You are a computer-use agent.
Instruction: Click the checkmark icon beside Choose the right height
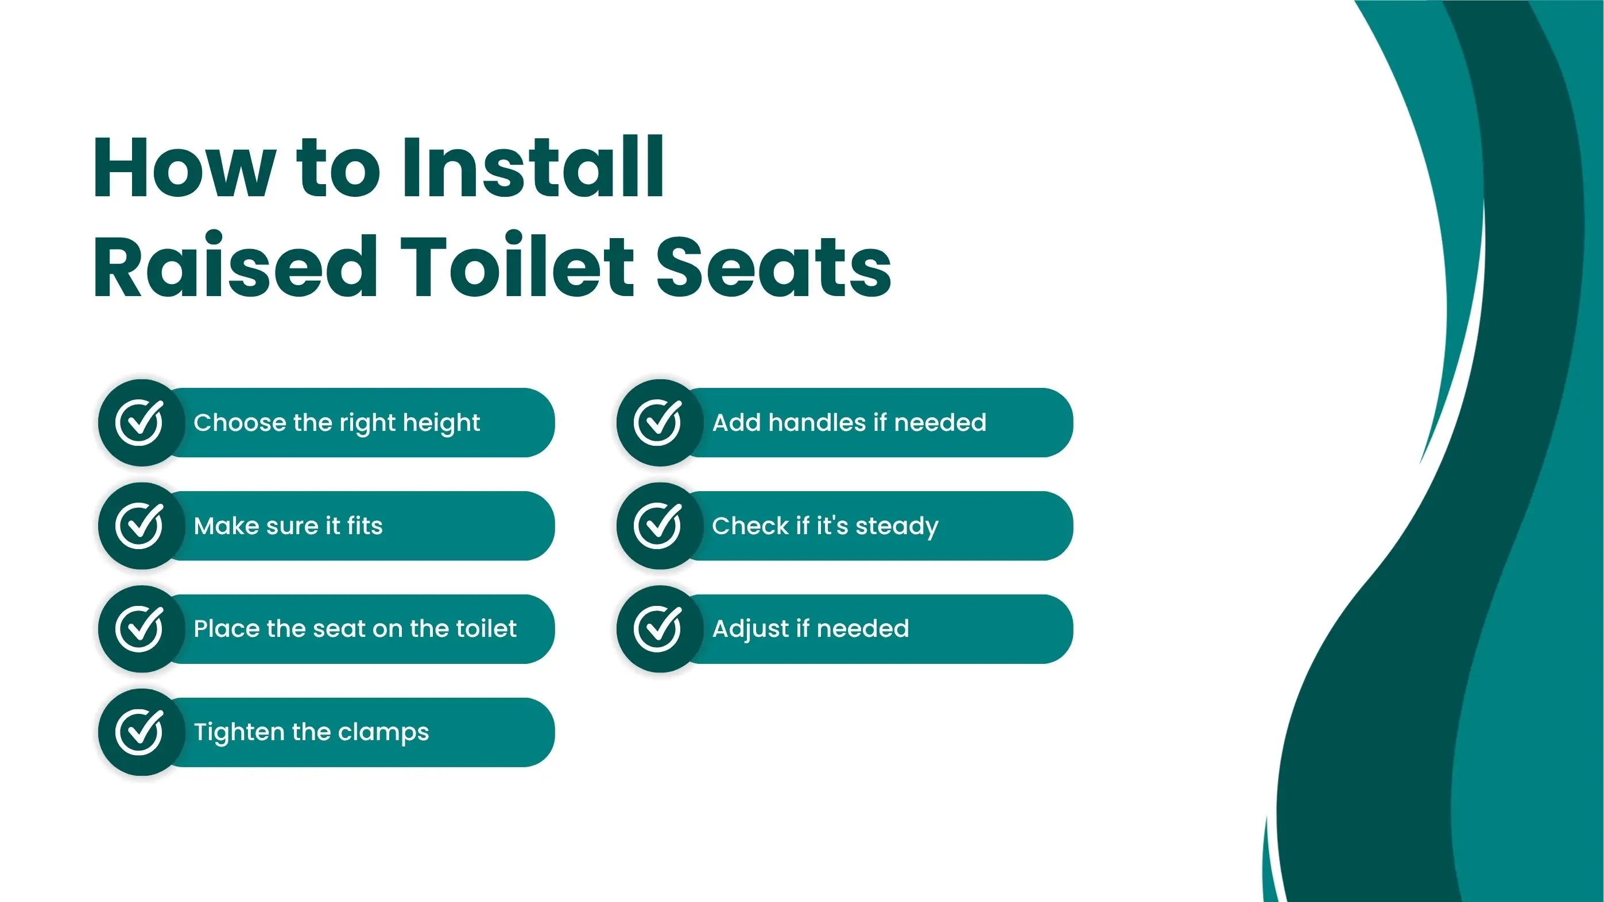click(140, 422)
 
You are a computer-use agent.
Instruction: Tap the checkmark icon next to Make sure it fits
click(140, 526)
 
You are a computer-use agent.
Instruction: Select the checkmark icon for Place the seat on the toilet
click(140, 628)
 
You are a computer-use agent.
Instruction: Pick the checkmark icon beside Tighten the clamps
click(140, 732)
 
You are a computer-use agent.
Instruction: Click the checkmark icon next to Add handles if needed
click(658, 422)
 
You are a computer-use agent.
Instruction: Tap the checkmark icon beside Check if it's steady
click(658, 526)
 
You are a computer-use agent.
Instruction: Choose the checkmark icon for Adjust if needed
click(658, 628)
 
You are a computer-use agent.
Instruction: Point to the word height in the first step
click(441, 423)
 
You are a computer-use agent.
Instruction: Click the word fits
click(365, 526)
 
